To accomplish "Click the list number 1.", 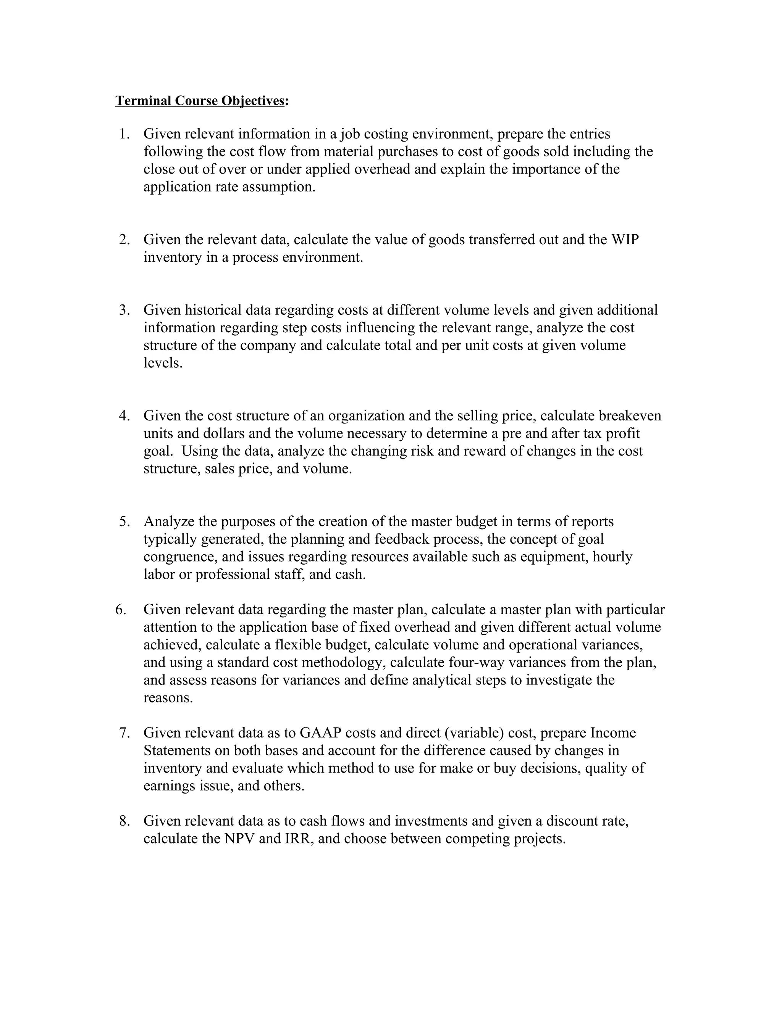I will coord(124,134).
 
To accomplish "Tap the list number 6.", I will coord(121,610).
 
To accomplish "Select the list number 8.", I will coord(124,821).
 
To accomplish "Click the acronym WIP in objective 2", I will coord(625,240).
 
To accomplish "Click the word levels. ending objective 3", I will coord(163,363).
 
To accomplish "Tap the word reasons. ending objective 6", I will coord(168,698).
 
